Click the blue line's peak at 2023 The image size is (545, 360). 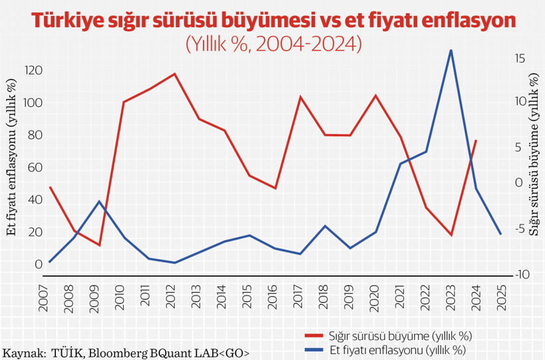click(451, 50)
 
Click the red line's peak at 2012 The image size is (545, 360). click(175, 74)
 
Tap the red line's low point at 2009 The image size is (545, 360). click(99, 245)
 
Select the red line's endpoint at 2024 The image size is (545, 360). click(476, 141)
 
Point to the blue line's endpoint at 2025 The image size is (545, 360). click(500, 234)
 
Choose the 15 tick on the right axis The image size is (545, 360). click(520, 59)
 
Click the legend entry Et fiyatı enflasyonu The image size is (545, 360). click(396, 349)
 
